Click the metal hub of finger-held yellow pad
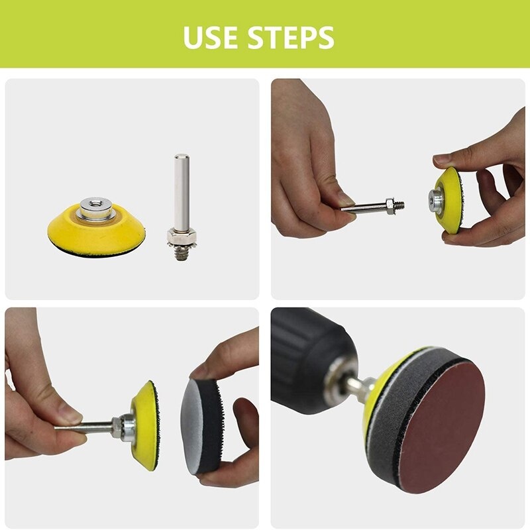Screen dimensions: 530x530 (437, 200)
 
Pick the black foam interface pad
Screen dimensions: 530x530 (202, 426)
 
